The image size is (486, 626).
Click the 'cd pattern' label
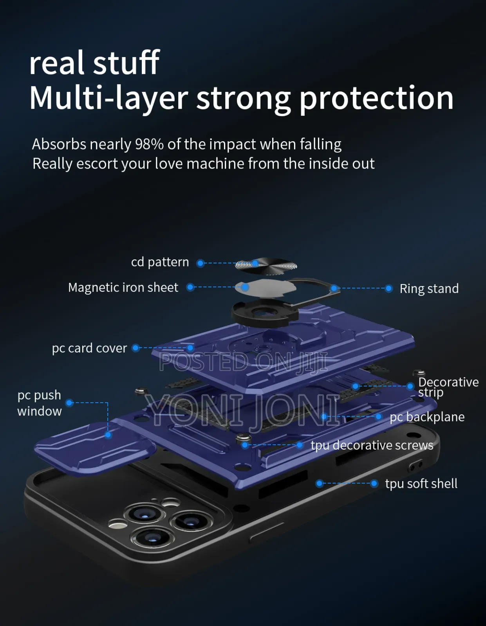pyautogui.click(x=160, y=263)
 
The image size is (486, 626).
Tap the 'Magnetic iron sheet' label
pyautogui.click(x=123, y=288)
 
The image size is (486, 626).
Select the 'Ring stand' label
pyautogui.click(x=429, y=288)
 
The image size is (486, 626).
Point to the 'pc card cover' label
pyautogui.click(x=89, y=348)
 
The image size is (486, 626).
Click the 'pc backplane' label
pyautogui.click(x=427, y=417)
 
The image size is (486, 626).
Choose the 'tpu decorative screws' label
pyautogui.click(x=372, y=445)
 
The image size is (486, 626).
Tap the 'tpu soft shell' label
pyautogui.click(x=421, y=484)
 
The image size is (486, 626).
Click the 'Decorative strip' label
pyautogui.click(x=448, y=387)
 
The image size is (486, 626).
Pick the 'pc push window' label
pyautogui.click(x=40, y=403)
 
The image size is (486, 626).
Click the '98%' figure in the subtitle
pyautogui.click(x=149, y=144)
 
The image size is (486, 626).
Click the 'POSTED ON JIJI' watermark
pyautogui.click(x=243, y=362)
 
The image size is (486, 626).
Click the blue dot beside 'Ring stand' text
pyautogui.click(x=388, y=288)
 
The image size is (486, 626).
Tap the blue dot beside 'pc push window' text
pyautogui.click(x=69, y=403)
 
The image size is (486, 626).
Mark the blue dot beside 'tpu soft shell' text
pyautogui.click(x=374, y=484)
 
